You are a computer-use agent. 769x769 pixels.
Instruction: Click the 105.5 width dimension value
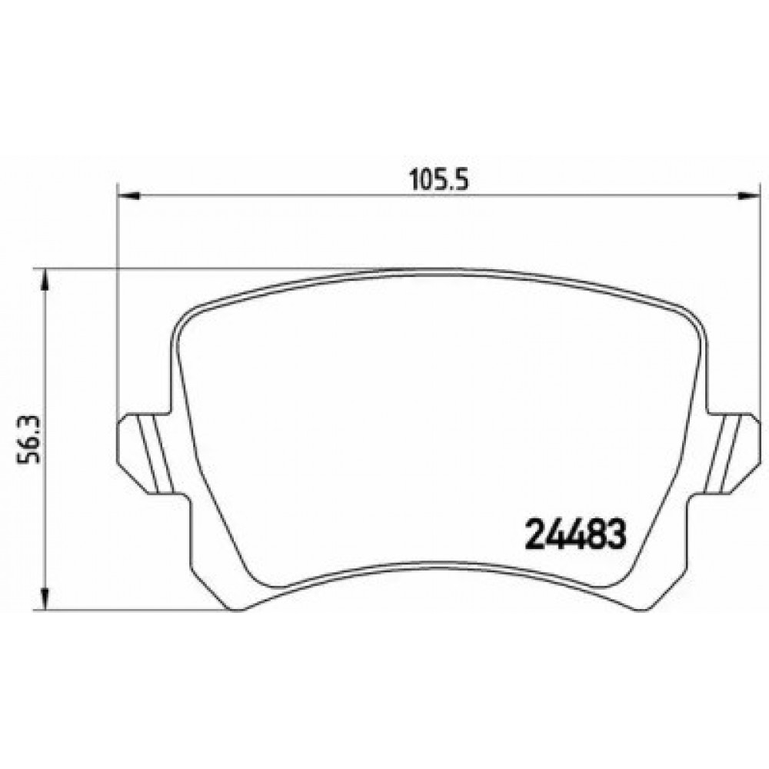point(439,181)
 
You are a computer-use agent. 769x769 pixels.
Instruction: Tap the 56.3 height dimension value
point(29,440)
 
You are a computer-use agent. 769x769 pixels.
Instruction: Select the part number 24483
point(576,534)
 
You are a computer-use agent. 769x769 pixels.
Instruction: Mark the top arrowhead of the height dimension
point(45,280)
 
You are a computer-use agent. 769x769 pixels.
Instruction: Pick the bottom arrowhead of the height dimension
point(45,599)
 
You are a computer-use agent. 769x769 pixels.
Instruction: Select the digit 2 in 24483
point(534,534)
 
